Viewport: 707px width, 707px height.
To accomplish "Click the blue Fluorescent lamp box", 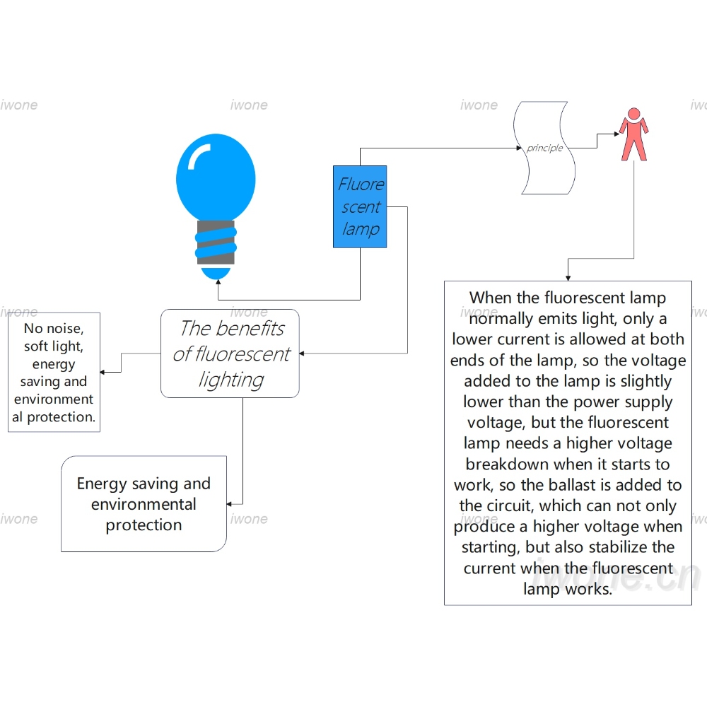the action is click(360, 206).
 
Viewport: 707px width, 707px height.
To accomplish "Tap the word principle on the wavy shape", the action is click(544, 148).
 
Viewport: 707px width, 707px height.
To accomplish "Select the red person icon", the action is click(634, 134).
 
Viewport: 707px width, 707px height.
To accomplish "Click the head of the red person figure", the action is click(634, 113).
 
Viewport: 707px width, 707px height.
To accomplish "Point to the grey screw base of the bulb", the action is click(216, 243).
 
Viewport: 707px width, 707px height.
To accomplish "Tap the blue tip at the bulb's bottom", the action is click(216, 273).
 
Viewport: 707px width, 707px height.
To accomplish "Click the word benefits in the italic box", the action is click(250, 328).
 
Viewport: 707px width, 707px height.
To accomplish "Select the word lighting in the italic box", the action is click(231, 380).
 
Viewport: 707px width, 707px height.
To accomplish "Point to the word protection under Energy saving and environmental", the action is click(144, 525).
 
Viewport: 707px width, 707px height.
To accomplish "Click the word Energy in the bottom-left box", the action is click(102, 484).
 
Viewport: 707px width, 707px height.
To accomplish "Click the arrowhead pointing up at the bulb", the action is click(218, 282).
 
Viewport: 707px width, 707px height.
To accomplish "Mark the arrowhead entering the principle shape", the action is click(519, 148).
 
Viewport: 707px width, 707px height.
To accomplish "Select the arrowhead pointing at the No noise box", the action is click(103, 372).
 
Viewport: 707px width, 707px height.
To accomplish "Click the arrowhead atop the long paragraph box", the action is click(568, 278).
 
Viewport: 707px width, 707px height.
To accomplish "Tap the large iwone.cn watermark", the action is click(617, 575).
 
